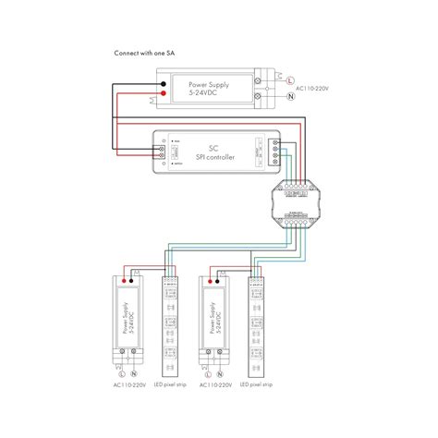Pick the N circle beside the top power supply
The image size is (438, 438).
click(292, 95)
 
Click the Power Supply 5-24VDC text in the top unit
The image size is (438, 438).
click(209, 88)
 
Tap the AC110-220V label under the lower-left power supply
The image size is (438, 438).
click(129, 383)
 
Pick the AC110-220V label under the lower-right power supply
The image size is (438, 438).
click(215, 383)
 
